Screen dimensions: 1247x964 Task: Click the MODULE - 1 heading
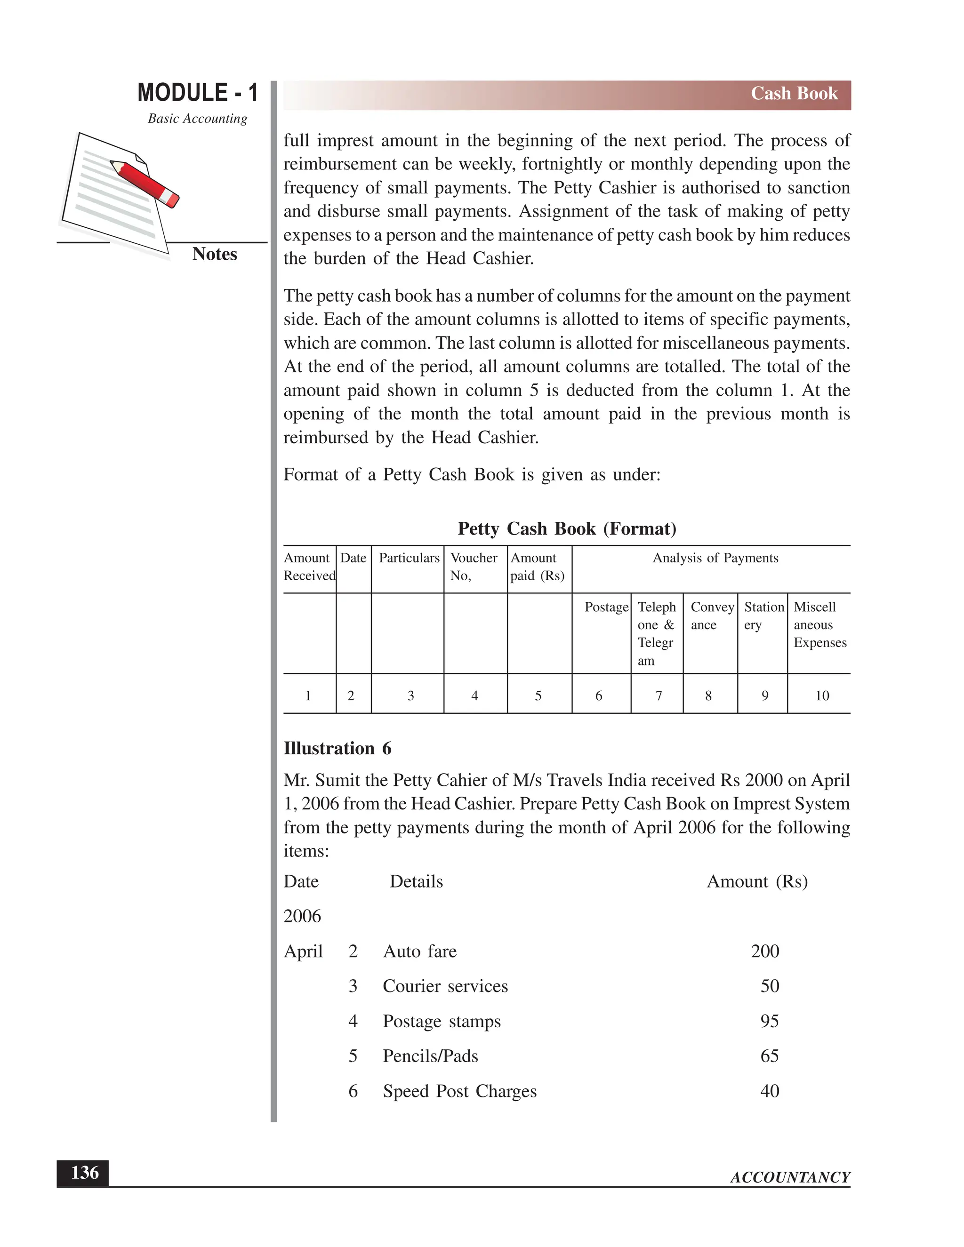[198, 93]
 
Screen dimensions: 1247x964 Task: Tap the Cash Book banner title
[793, 94]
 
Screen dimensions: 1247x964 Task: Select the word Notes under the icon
[214, 254]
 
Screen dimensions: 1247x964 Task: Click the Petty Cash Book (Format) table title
[567, 529]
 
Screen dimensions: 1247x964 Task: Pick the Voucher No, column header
[474, 567]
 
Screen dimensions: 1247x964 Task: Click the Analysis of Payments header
[715, 558]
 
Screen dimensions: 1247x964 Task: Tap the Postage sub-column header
[606, 607]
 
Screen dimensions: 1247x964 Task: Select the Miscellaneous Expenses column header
[819, 624]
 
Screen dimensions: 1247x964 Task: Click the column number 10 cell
[821, 695]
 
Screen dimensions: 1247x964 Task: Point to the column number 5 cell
[538, 695]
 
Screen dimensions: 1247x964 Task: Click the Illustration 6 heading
[337, 749]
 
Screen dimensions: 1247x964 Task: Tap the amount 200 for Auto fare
[765, 951]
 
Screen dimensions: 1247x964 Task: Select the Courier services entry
[445, 986]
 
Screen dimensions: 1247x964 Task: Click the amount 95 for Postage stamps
[769, 1021]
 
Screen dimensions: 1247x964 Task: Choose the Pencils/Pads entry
[430, 1056]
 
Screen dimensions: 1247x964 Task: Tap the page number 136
[84, 1173]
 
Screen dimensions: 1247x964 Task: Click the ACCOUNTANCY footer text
[790, 1177]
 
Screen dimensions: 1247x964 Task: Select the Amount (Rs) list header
[757, 881]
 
